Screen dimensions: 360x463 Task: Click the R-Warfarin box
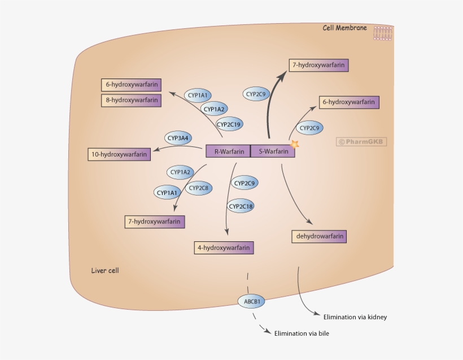[228, 151]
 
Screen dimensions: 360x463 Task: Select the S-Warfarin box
[272, 151]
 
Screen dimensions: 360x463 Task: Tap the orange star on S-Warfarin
[294, 145]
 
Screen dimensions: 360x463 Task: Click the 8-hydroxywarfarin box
[131, 100]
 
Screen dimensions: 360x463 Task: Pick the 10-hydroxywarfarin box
[119, 154]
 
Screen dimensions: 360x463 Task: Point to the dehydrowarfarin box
[318, 236]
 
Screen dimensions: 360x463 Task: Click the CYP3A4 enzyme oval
[178, 137]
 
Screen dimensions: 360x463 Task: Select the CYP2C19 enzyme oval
[230, 124]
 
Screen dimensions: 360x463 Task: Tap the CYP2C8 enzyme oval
[199, 188]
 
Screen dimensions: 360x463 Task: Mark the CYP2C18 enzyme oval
[241, 206]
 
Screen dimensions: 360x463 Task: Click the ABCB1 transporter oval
[252, 301]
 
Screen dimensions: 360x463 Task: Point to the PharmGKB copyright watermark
[362, 142]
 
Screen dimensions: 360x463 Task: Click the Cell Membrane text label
[344, 28]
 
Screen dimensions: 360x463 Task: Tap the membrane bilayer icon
[382, 33]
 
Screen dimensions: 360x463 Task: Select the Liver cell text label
[105, 271]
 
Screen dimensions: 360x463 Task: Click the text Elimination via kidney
[355, 317]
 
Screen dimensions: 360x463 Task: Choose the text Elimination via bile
[302, 333]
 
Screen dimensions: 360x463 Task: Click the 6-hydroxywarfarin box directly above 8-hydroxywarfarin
[131, 85]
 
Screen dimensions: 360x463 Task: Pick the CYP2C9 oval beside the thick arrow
[256, 94]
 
